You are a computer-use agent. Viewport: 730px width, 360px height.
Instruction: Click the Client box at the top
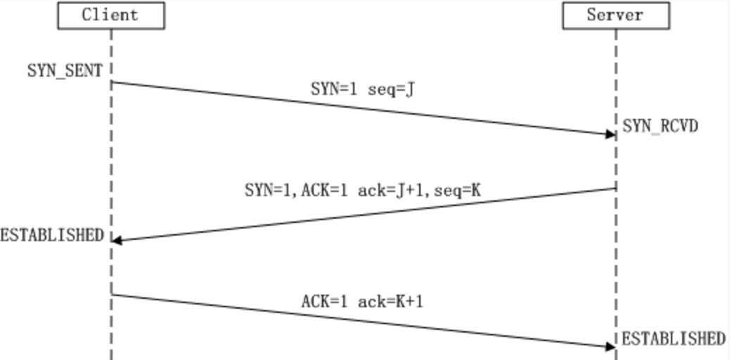pos(111,15)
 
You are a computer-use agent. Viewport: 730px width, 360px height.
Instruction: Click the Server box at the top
pos(616,15)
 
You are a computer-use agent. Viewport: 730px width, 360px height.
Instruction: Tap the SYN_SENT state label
pos(65,71)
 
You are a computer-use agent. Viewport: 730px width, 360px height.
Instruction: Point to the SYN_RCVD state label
pos(660,126)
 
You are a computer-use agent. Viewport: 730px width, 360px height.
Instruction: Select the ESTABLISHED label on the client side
pos(51,235)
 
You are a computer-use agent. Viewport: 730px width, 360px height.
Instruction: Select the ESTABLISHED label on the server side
pos(674,339)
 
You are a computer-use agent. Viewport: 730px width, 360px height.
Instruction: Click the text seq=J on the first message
pos(390,89)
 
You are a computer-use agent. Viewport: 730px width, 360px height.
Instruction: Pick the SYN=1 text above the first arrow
pos(334,89)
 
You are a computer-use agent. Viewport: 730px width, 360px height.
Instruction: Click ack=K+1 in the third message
pos(390,302)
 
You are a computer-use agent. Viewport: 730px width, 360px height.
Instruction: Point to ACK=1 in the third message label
pos(324,302)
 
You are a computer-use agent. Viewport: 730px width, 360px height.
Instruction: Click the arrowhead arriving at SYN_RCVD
pos(610,134)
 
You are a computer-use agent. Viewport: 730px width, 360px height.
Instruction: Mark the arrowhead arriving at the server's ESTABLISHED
pos(610,347)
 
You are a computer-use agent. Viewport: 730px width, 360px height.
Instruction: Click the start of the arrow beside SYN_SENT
pos(112,82)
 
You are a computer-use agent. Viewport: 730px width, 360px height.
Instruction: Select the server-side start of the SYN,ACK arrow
pos(616,188)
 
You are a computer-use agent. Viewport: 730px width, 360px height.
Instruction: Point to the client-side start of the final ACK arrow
pos(112,295)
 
